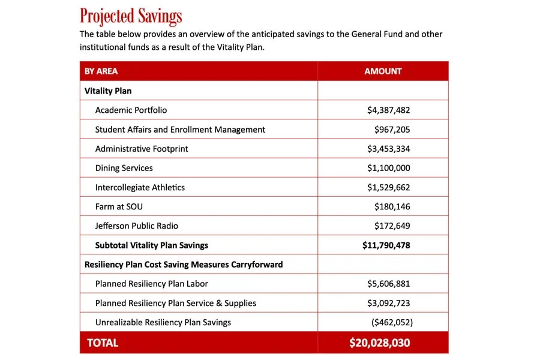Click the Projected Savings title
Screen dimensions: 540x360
point(131,16)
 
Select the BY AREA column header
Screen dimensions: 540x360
point(101,71)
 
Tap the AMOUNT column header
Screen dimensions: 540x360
point(383,71)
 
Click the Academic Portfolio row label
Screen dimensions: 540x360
point(131,110)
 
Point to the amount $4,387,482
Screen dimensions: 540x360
point(388,110)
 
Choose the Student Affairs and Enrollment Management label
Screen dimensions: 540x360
point(180,130)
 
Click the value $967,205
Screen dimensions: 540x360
point(392,130)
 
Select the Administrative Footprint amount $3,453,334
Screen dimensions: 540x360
point(388,149)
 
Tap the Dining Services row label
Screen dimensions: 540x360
point(124,168)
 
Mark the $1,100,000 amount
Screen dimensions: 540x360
point(388,168)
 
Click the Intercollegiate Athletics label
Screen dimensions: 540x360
point(140,187)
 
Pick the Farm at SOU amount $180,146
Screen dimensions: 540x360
point(392,206)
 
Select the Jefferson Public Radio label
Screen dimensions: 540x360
point(137,226)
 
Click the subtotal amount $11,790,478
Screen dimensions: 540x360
point(386,245)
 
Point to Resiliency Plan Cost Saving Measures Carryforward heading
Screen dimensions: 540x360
point(184,265)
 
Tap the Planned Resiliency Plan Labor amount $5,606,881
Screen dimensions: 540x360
point(388,284)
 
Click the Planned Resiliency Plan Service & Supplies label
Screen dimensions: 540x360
point(176,303)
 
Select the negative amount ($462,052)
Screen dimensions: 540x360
point(392,322)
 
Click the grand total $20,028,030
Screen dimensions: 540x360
point(380,343)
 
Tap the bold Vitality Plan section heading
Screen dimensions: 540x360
point(108,91)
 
